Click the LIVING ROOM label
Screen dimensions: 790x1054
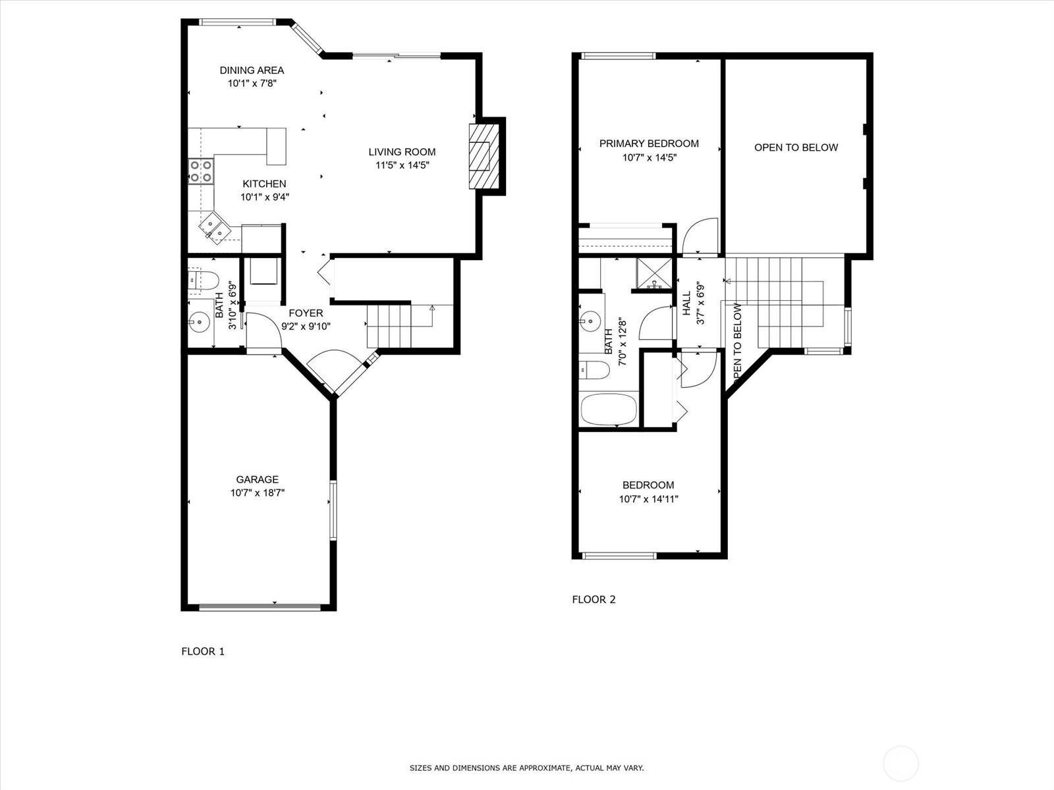[402, 152]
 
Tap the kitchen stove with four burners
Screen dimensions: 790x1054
[201, 171]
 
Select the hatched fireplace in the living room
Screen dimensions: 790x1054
[480, 156]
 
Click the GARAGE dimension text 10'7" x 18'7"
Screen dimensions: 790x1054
[258, 492]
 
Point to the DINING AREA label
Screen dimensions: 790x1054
[252, 70]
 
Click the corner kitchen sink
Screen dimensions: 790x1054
[214, 227]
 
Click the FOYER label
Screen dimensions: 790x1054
[306, 313]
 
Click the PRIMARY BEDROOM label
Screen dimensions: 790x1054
[649, 144]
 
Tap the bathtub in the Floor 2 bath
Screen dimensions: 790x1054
[609, 410]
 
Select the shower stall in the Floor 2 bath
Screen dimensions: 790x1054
[655, 275]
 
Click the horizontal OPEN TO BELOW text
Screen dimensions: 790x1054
[796, 147]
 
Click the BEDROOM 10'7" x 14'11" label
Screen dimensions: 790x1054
[648, 492]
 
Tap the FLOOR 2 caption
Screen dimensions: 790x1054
[594, 599]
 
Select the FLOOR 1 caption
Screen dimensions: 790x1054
[203, 651]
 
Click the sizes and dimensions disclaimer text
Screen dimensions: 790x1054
[526, 768]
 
